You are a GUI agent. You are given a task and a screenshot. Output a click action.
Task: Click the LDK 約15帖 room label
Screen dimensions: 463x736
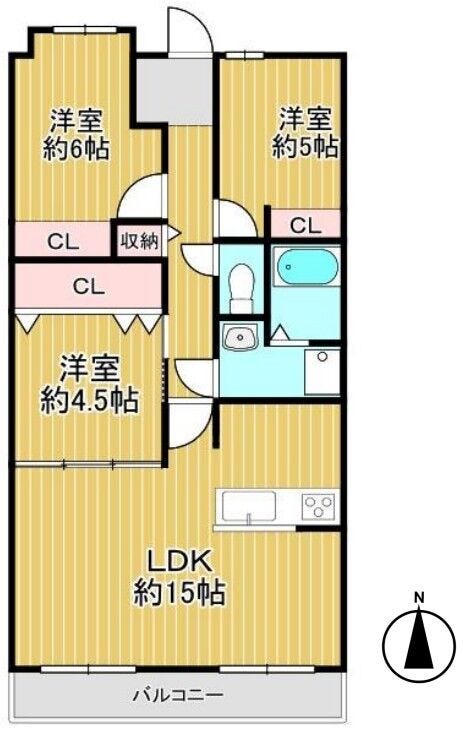(179, 576)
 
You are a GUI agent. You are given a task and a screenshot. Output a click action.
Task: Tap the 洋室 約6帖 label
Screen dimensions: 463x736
(77, 134)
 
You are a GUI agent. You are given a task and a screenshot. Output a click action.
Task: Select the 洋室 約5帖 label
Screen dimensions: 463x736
(306, 132)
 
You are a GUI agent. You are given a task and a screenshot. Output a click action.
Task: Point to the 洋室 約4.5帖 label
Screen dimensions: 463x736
(89, 384)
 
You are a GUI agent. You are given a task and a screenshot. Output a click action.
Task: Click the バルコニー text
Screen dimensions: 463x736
(177, 694)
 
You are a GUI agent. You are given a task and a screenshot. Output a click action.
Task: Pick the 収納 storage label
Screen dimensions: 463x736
(139, 241)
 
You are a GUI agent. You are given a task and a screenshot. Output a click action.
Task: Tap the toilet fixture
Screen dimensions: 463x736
(241, 287)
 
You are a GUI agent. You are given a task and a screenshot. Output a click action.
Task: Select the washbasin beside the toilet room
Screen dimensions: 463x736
(240, 337)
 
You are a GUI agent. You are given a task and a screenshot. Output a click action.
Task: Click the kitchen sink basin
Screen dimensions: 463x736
(249, 506)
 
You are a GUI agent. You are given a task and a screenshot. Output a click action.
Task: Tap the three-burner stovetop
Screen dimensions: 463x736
(320, 506)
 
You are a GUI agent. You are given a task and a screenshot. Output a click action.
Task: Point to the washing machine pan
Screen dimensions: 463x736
(322, 371)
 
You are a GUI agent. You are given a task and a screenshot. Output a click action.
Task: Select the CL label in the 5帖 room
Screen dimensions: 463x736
(305, 226)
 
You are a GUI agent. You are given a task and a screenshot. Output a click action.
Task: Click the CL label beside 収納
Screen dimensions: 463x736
(62, 242)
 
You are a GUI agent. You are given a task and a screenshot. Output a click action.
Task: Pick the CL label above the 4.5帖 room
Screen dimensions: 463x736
(89, 286)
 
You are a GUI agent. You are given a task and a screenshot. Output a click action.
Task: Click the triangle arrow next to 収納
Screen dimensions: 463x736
(173, 233)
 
